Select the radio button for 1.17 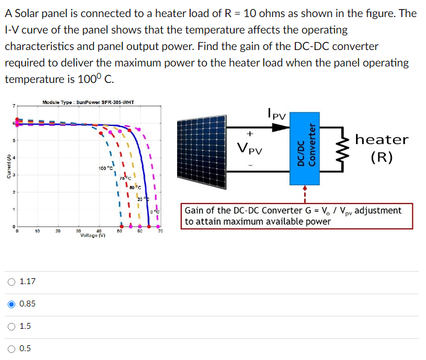(x=12, y=282)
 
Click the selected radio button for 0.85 (x=12, y=304)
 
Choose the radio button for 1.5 (x=12, y=326)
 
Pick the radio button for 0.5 (x=12, y=348)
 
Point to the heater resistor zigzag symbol (x=342, y=147)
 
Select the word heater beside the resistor (x=382, y=139)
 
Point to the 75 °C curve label (x=124, y=178)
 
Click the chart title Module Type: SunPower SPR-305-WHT (x=88, y=102)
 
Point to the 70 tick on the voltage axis (x=160, y=232)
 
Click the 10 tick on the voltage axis (x=37, y=232)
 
